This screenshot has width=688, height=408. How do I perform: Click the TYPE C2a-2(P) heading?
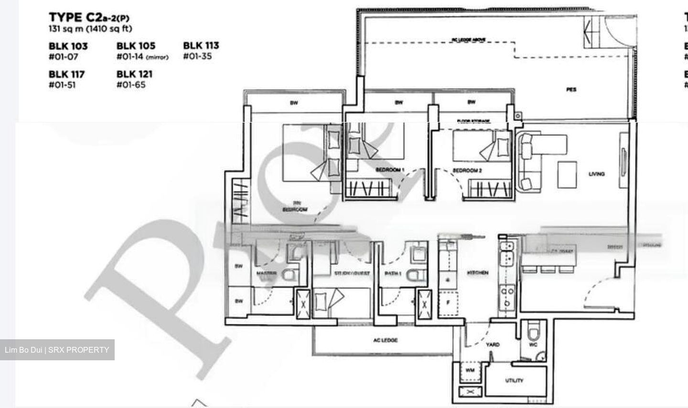coord(89,18)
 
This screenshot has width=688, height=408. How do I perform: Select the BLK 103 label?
coord(68,46)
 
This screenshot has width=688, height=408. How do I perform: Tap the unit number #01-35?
coord(197,56)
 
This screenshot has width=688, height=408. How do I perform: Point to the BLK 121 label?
coord(134,74)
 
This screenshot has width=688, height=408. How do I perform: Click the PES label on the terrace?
coord(571,89)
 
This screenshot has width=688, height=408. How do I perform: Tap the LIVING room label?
coord(596,174)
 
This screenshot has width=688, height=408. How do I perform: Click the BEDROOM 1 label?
coord(390,170)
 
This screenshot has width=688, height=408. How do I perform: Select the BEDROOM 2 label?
coord(467,170)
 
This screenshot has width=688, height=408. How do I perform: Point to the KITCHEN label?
coord(477,272)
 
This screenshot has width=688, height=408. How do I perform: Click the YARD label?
coord(493,344)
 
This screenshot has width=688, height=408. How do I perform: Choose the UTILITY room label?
coord(514,380)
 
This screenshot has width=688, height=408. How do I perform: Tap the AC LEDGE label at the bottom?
coord(385,340)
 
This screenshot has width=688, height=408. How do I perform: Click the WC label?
coord(533,344)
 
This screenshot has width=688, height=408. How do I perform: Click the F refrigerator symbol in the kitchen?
coord(448,302)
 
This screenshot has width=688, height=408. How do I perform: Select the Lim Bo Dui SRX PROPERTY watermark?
coord(57,350)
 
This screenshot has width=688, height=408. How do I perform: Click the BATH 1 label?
coord(393,273)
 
